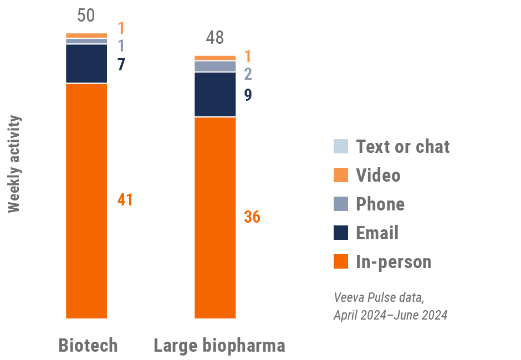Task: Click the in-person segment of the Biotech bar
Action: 86,200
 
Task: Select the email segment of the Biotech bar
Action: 86,63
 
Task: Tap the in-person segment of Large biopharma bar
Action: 215,218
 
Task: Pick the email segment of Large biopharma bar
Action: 215,94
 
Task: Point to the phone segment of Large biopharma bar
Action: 215,66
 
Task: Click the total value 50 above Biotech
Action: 86,15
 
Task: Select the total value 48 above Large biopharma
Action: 214,38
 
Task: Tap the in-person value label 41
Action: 125,200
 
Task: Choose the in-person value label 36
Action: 252,217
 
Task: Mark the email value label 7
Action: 121,64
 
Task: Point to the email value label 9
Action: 248,95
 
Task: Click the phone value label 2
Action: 248,74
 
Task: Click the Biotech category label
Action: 88,346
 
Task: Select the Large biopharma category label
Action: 219,346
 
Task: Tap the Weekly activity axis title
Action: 14,164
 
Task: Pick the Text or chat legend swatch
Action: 341,146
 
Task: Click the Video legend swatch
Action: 341,175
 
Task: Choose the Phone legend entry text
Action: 380,204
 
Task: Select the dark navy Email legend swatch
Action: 341,233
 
